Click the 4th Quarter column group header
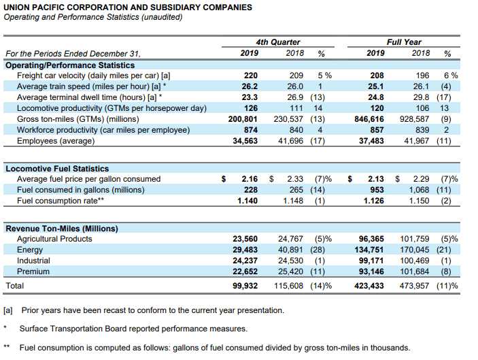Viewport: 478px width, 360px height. pos(277,42)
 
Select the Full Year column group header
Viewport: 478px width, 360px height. pos(404,42)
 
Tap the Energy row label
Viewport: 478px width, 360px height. pos(30,250)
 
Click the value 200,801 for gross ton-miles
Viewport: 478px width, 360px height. pos(243,119)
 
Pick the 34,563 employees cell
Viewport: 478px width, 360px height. pos(245,141)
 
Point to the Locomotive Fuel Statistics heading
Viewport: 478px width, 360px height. pos(57,169)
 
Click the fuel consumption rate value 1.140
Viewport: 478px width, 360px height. pos(247,201)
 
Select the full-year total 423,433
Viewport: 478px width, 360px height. pos(369,286)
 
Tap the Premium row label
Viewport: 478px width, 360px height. pos(33,272)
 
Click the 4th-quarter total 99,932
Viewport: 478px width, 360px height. pos(245,286)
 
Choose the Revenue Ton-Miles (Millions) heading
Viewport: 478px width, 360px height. pos(62,229)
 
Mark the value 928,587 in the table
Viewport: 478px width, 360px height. pos(414,119)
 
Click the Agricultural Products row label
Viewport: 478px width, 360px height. pos(54,239)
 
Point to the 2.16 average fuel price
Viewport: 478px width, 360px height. pos(250,179)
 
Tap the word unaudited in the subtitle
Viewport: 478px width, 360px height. pos(161,17)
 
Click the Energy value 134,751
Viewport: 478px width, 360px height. pos(369,250)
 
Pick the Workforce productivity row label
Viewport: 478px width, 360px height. pos(103,130)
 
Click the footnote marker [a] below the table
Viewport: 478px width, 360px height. pos(8,310)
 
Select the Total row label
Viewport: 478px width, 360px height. pos(15,286)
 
